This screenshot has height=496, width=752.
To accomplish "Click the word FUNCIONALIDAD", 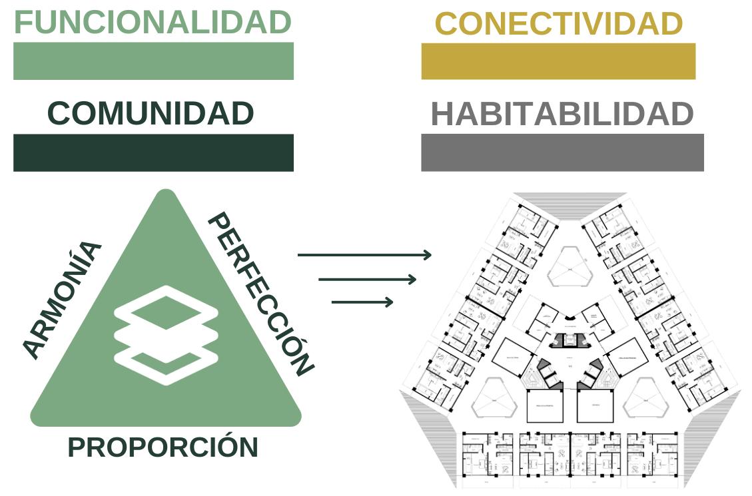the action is pos(153,22).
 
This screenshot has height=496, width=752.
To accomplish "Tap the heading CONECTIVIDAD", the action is pos(558,24).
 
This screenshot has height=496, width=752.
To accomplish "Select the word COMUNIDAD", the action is pos(151,114).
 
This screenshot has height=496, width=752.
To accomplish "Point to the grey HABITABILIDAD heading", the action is pos(562,115).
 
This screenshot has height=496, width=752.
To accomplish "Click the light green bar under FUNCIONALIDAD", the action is pos(153,61).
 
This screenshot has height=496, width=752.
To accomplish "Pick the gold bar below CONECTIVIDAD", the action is pos(558,61).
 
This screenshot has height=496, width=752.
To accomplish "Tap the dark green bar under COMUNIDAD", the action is pos(153,152).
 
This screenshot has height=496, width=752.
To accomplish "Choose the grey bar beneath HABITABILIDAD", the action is pos(562,152).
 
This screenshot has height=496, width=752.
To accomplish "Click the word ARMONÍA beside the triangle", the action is pos(62,299).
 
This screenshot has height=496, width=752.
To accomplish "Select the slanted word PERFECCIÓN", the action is pos(260,293).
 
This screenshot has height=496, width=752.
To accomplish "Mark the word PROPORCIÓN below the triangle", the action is pos(163,447).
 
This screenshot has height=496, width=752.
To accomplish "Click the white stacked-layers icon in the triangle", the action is pos(166,335).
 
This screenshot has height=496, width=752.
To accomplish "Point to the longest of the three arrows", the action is pos(364,254).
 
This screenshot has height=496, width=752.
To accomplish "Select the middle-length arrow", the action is pos(367,279).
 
